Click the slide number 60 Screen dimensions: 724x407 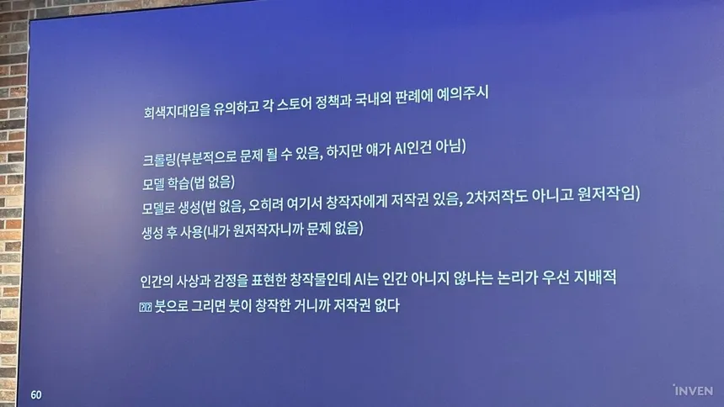tap(36, 395)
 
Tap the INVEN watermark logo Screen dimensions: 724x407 tap(693, 390)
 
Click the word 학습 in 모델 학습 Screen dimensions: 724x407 tap(178, 183)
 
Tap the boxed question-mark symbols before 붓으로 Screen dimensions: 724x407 tap(146, 307)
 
